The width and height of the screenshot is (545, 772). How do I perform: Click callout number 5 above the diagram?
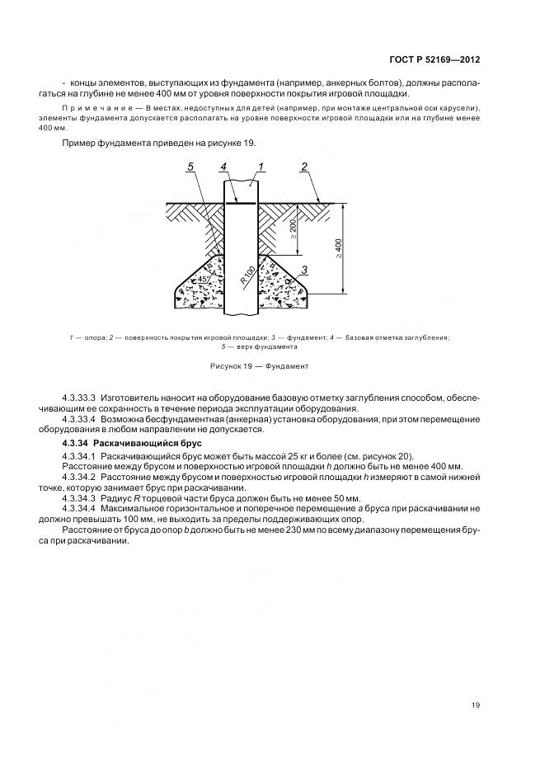[x=190, y=167]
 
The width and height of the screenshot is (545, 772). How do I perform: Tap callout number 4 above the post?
[x=223, y=167]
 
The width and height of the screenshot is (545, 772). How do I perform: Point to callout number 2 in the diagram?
[x=304, y=167]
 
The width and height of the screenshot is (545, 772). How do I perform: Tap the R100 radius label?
[x=248, y=274]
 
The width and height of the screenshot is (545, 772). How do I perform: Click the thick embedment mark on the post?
[x=242, y=202]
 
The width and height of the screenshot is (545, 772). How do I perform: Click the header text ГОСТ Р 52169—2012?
[x=435, y=60]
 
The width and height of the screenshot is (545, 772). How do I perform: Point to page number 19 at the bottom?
[x=476, y=704]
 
